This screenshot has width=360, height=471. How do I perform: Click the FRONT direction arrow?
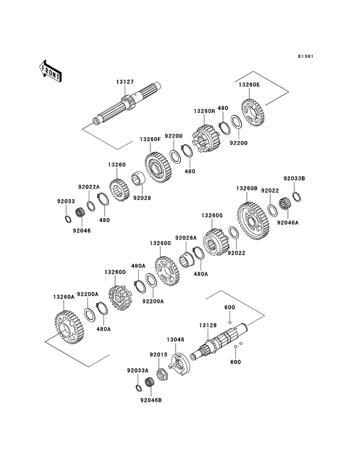[50, 71]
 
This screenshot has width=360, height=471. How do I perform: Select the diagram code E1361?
[306, 56]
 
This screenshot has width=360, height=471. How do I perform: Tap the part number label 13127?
[125, 82]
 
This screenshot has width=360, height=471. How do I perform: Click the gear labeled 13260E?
[253, 113]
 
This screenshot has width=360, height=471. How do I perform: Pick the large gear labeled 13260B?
[253, 221]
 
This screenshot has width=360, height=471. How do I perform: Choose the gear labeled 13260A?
[69, 328]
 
